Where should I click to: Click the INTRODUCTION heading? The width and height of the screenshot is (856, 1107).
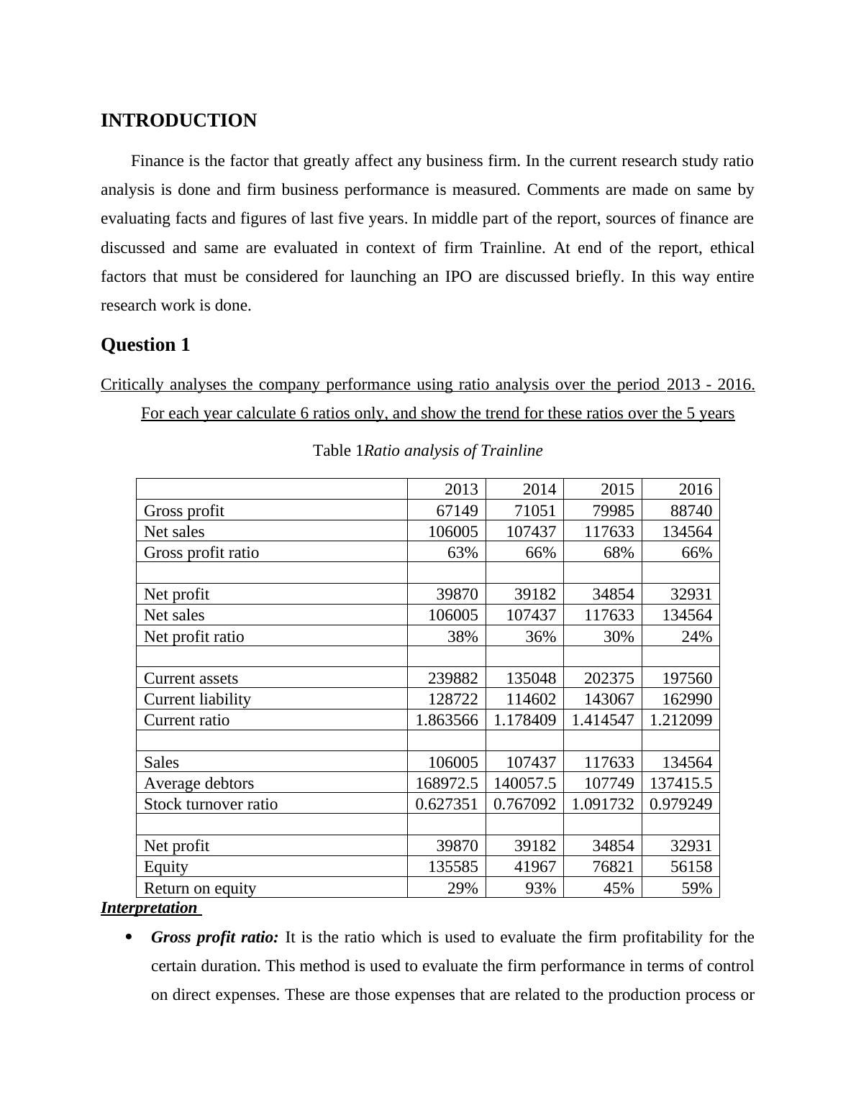[x=178, y=121]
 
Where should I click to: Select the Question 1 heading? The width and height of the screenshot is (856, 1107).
[x=145, y=345]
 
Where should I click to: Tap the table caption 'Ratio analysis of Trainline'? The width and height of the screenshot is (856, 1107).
[x=453, y=451]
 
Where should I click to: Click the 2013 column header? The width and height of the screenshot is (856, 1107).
[x=461, y=490]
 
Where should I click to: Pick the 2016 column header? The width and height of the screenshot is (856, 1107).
[x=695, y=490]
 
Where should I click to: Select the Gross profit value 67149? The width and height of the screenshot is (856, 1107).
[x=457, y=510]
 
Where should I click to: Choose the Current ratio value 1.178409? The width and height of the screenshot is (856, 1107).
[x=524, y=720]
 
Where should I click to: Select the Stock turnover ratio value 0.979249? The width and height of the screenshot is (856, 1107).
[x=680, y=804]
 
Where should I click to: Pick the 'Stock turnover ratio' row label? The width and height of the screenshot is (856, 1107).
[x=210, y=804]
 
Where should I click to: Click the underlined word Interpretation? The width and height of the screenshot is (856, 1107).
[x=149, y=908]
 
